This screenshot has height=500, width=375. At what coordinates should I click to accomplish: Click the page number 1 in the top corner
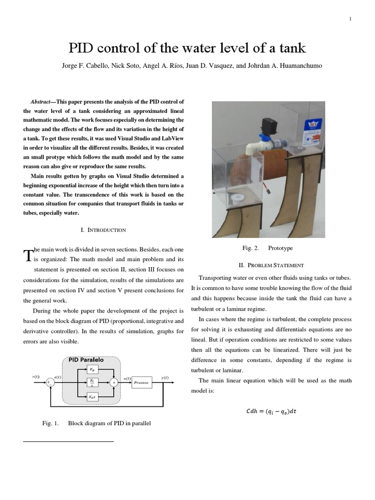(350, 19)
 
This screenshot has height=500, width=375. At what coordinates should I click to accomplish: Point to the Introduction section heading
(103, 229)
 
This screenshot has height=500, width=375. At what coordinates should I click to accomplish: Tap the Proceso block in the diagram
(142, 383)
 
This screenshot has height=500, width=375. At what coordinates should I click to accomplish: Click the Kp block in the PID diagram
(92, 370)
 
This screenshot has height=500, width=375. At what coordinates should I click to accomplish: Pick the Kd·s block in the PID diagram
(92, 397)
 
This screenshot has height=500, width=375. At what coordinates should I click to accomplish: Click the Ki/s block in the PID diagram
(92, 383)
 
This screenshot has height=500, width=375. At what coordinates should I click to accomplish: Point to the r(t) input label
(36, 377)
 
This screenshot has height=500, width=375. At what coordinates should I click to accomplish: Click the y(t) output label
(165, 377)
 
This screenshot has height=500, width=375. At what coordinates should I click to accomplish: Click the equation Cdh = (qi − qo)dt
(271, 411)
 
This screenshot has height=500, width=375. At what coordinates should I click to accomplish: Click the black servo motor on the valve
(268, 126)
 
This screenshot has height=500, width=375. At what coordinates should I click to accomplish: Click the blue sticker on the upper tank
(312, 125)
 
